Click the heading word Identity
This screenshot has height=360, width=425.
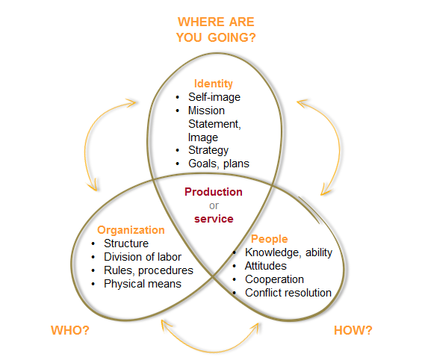(214, 84)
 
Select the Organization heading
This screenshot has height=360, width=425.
(131, 230)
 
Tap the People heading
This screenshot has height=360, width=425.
(269, 239)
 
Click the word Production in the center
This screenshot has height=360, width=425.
(214, 192)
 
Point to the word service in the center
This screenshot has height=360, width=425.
(214, 219)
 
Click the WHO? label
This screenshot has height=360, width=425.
(70, 330)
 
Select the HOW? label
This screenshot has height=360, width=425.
(353, 330)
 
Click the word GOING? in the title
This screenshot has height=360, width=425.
(232, 37)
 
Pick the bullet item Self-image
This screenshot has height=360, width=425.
(214, 97)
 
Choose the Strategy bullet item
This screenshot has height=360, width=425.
(208, 150)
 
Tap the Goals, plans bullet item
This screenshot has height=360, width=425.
(218, 164)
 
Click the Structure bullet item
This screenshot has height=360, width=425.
(126, 243)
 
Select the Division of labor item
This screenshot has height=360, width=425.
(143, 257)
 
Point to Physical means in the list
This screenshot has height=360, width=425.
(143, 284)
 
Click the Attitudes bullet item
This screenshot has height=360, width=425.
(266, 266)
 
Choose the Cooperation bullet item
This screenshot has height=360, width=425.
(274, 279)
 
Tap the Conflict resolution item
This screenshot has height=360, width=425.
(288, 293)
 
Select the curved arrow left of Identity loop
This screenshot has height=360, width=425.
(86, 146)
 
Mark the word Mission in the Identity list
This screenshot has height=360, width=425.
(206, 111)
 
